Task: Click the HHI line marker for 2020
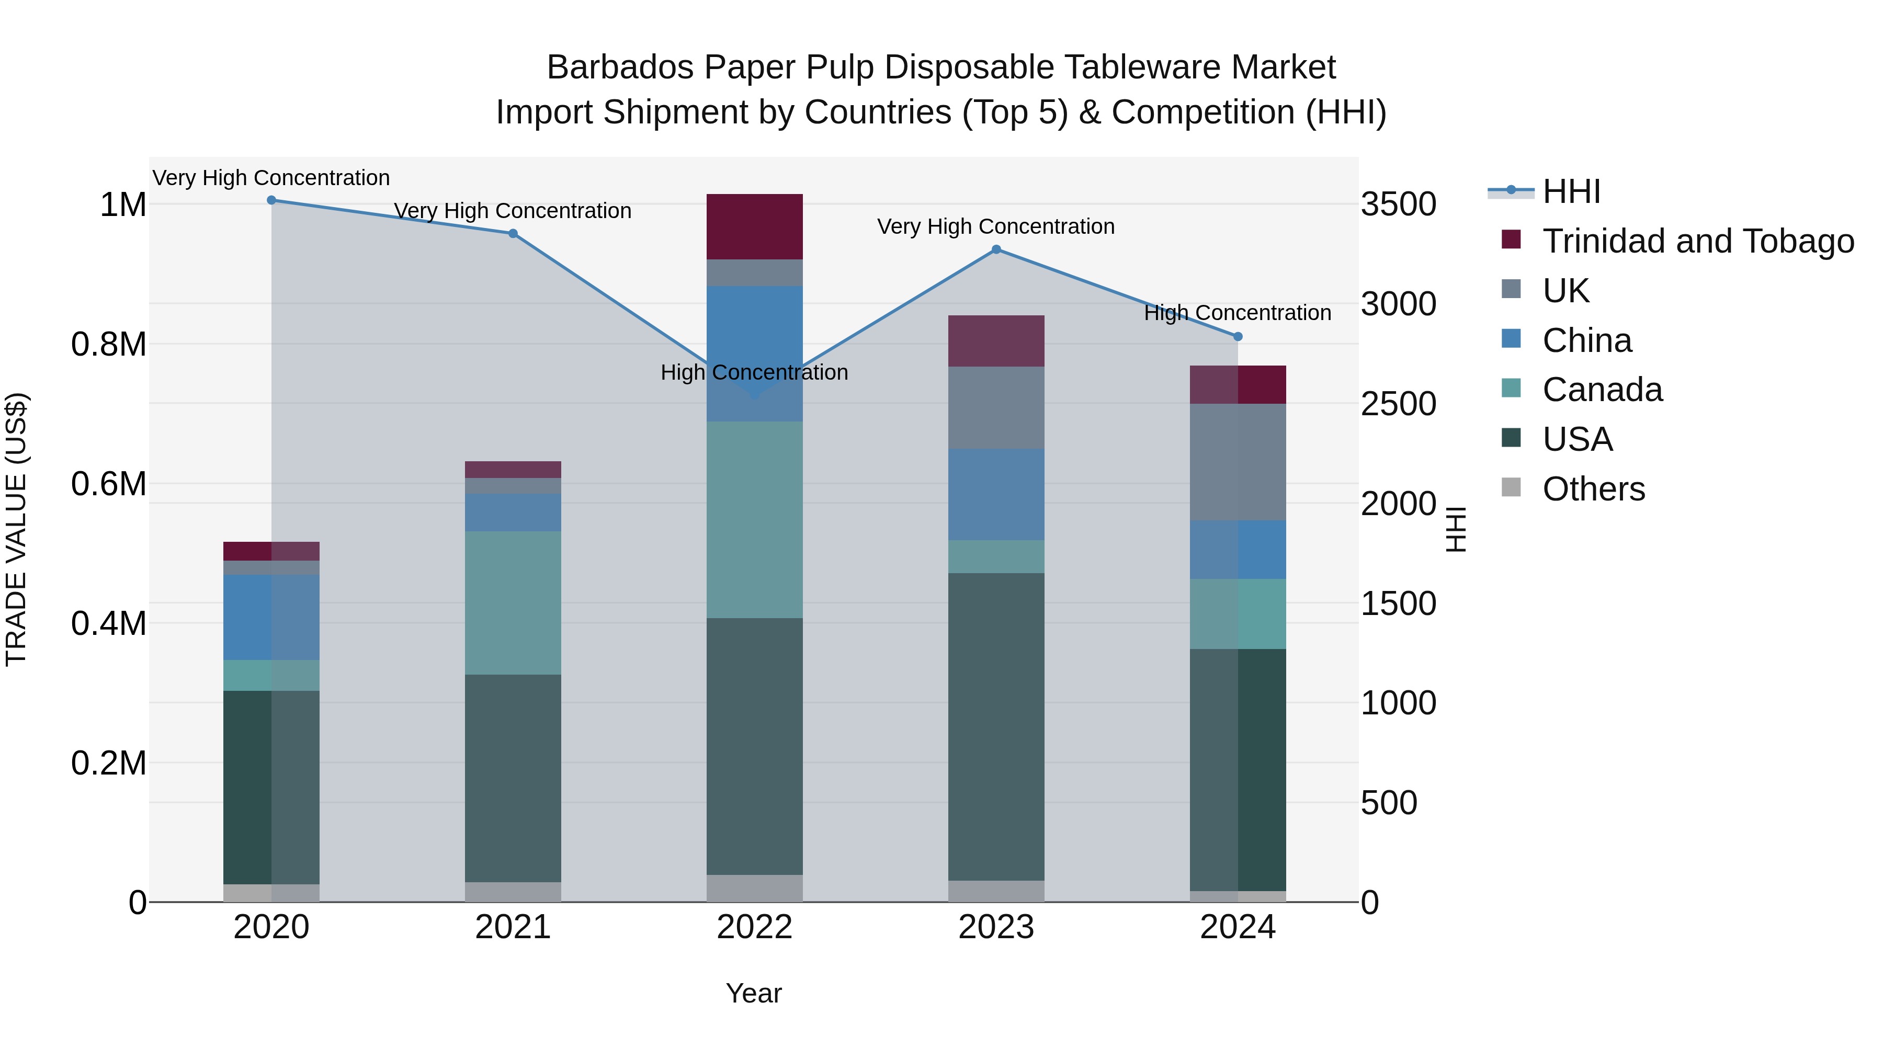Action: pyautogui.click(x=271, y=200)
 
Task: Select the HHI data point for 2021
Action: pyautogui.click(x=513, y=234)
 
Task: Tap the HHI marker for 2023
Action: pyautogui.click(x=996, y=250)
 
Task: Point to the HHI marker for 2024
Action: pyautogui.click(x=1238, y=337)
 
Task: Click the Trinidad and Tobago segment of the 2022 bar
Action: pyautogui.click(x=754, y=226)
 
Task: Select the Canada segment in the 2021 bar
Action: pyautogui.click(x=513, y=603)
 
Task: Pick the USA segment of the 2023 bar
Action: pyautogui.click(x=996, y=727)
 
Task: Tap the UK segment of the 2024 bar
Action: pyautogui.click(x=1238, y=462)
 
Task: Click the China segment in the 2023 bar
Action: pyautogui.click(x=996, y=495)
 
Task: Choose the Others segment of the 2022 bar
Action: pyautogui.click(x=754, y=888)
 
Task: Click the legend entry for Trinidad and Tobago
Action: pyautogui.click(x=1697, y=241)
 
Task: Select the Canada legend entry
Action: pyautogui.click(x=1602, y=390)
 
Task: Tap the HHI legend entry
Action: pyautogui.click(x=1572, y=191)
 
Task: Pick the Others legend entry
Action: pyautogui.click(x=1594, y=489)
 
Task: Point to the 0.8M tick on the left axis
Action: pyautogui.click(x=109, y=344)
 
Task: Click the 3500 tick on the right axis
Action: pyautogui.click(x=1398, y=204)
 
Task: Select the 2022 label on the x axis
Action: pyautogui.click(x=754, y=927)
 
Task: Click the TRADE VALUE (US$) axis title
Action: pyautogui.click(x=16, y=529)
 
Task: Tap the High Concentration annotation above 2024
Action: pyautogui.click(x=1238, y=313)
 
